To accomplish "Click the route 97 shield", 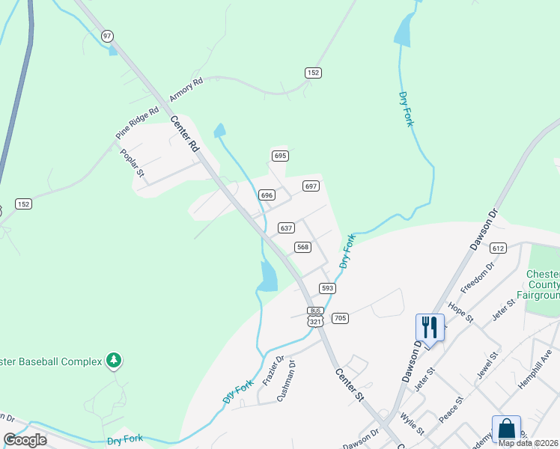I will click(107, 36).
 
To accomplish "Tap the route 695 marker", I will click(280, 156).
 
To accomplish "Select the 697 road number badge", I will click(311, 186).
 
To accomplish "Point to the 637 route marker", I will click(286, 227).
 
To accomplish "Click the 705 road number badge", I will click(340, 318).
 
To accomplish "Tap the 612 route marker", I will click(499, 248).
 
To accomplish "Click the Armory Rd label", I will click(186, 91).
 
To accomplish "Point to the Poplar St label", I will click(132, 162).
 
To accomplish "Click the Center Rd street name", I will click(183, 135).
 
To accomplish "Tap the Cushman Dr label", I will click(287, 382).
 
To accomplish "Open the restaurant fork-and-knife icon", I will click(430, 327).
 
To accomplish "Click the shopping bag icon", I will click(506, 429).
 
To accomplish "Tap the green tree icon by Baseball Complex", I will click(113, 361).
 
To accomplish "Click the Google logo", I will click(25, 440).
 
